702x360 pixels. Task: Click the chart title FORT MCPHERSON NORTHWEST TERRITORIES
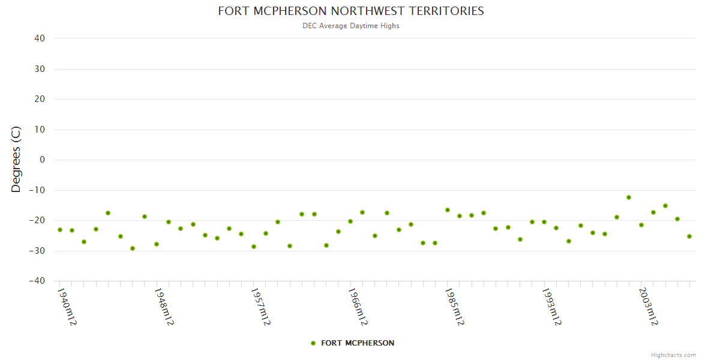pos(351,11)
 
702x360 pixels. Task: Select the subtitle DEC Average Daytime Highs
pos(351,26)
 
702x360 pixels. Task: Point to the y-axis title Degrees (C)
pos(16,160)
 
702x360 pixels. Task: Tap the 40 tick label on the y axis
pos(40,38)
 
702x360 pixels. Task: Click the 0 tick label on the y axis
pos(43,160)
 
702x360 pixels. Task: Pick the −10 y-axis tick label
pos(37,190)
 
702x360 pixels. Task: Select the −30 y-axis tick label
pos(37,251)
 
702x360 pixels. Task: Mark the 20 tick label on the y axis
pos(40,99)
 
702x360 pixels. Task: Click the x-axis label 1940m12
pos(67,306)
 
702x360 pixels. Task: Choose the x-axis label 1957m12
pos(260,306)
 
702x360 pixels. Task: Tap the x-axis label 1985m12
pos(454,306)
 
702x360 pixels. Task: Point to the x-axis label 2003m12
pos(648,306)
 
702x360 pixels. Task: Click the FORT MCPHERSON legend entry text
pos(358,343)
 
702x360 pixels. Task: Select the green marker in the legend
pos(313,343)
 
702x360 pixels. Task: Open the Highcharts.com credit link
pos(673,355)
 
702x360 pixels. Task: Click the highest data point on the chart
pos(629,197)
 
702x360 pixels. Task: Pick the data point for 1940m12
pos(60,230)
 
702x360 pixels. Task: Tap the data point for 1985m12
pos(448,210)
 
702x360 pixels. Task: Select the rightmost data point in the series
pos(689,236)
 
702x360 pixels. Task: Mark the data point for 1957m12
pos(254,247)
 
